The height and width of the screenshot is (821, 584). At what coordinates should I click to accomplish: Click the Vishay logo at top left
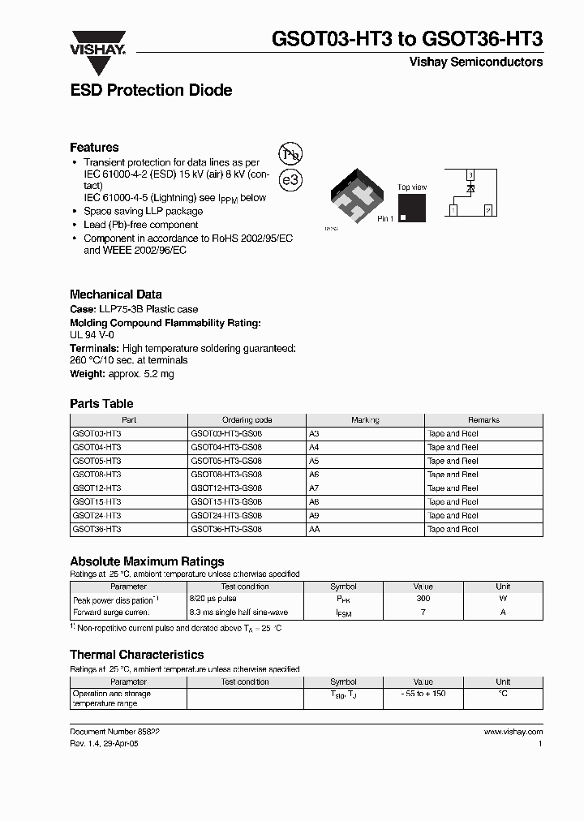pyautogui.click(x=98, y=45)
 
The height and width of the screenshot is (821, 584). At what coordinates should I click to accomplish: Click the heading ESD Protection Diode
pyautogui.click(x=151, y=91)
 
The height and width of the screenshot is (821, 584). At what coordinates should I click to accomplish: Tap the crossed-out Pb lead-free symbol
pyautogui.click(x=290, y=156)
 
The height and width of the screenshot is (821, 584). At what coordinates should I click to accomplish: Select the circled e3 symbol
pyautogui.click(x=290, y=180)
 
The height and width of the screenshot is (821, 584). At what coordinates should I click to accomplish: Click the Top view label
pyautogui.click(x=412, y=187)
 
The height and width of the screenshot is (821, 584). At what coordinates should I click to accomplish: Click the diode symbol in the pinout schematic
pyautogui.click(x=470, y=189)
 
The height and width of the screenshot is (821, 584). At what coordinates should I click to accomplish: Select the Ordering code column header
pyautogui.click(x=247, y=420)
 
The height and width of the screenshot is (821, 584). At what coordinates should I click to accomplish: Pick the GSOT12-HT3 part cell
pyautogui.click(x=97, y=488)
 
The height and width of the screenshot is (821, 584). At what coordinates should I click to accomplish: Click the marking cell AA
pyautogui.click(x=315, y=529)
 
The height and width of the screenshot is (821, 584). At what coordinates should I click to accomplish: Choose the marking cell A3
pyautogui.click(x=315, y=434)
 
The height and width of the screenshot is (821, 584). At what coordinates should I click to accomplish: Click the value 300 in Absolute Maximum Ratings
pyautogui.click(x=423, y=599)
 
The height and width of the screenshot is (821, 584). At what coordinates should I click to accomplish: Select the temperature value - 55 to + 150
pyautogui.click(x=423, y=694)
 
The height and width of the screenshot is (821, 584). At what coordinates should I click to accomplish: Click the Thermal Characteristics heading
pyautogui.click(x=136, y=655)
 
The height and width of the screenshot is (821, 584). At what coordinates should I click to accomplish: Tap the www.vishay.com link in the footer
pyautogui.click(x=513, y=731)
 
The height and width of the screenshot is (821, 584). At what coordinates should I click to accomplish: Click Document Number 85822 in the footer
pyautogui.click(x=114, y=731)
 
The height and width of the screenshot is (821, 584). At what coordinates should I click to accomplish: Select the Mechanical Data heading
pyautogui.click(x=116, y=294)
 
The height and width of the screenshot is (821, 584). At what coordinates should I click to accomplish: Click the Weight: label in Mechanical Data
pyautogui.click(x=87, y=374)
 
